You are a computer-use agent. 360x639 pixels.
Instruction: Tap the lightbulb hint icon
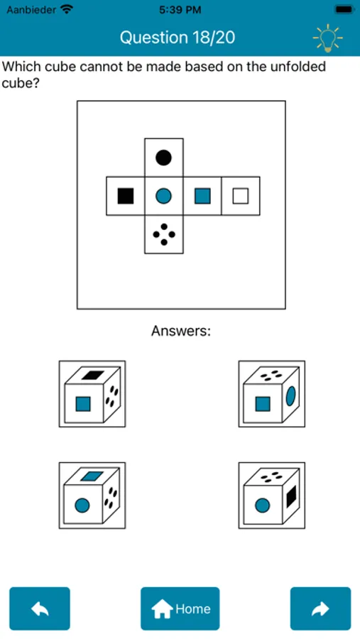(x=327, y=38)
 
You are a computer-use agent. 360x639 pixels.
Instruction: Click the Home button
(x=180, y=608)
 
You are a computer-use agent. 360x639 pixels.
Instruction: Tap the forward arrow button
(x=320, y=608)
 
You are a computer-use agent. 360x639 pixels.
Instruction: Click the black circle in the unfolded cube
(x=163, y=158)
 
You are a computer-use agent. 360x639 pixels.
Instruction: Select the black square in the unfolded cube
(x=126, y=196)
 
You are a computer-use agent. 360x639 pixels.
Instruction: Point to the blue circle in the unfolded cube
(x=163, y=196)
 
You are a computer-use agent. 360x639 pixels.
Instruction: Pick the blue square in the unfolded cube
(x=202, y=196)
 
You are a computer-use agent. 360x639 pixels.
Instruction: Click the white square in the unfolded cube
(x=241, y=196)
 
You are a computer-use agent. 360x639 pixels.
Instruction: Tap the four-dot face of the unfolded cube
(x=164, y=234)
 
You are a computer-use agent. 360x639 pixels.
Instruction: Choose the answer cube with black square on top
(x=92, y=393)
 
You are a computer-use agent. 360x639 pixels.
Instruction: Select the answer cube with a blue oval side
(x=272, y=393)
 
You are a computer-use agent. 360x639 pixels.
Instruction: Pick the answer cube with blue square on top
(x=92, y=495)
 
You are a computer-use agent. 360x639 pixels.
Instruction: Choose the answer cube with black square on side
(x=272, y=495)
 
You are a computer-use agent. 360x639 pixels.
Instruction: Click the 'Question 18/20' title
(x=178, y=38)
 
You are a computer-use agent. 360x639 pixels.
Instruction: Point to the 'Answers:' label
(x=181, y=330)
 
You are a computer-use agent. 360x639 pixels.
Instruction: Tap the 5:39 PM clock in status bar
(x=180, y=10)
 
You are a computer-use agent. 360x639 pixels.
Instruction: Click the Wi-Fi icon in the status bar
(x=66, y=9)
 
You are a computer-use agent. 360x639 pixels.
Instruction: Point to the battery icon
(x=343, y=10)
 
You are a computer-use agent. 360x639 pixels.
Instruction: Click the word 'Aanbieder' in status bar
(x=31, y=10)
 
